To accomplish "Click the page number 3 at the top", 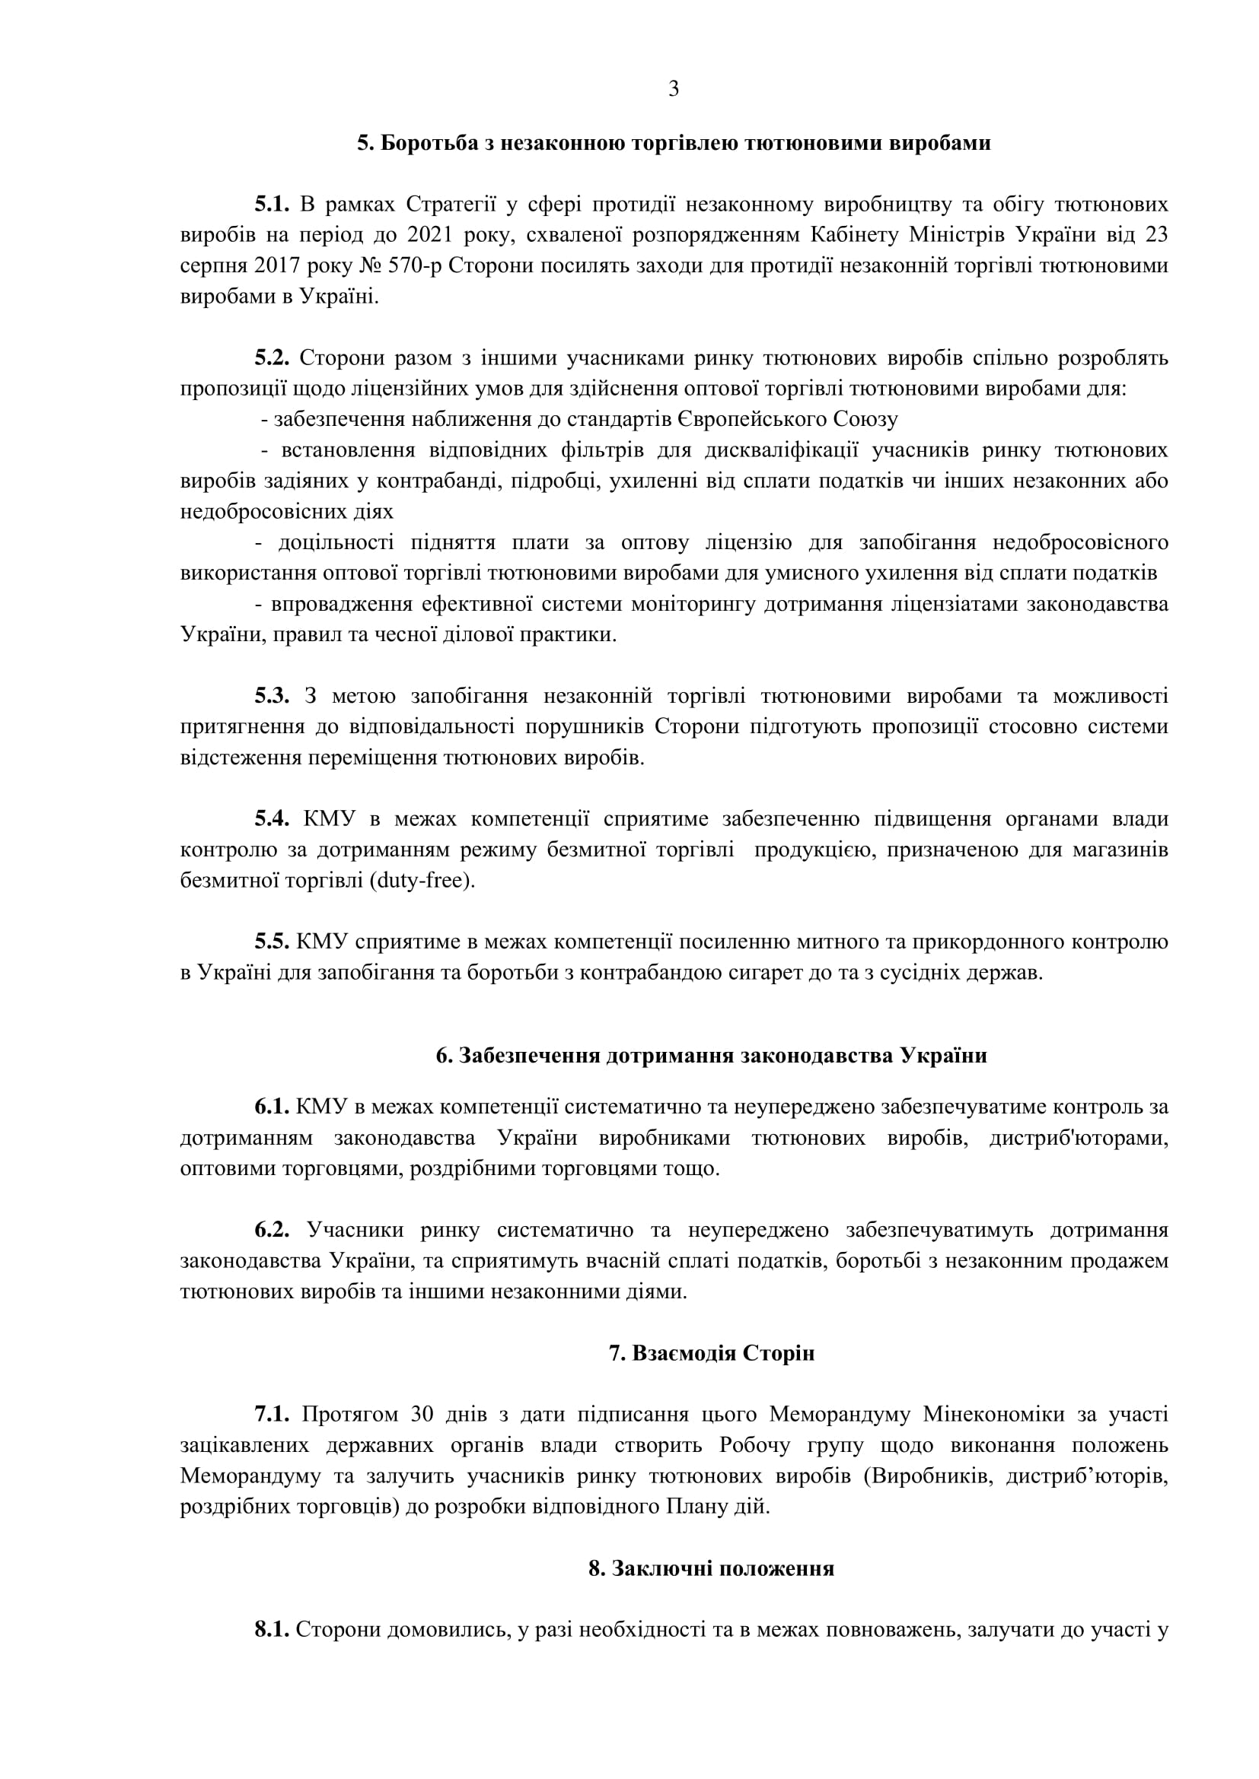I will click(673, 89).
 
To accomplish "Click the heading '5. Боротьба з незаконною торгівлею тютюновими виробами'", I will click(673, 143).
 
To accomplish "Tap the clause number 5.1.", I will click(271, 205).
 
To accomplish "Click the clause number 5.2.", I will click(271, 358).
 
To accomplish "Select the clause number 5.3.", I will click(271, 696).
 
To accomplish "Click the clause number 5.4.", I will click(271, 819).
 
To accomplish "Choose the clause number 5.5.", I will click(271, 942).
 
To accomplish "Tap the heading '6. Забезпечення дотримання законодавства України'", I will click(711, 1056).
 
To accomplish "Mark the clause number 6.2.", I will click(271, 1230).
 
